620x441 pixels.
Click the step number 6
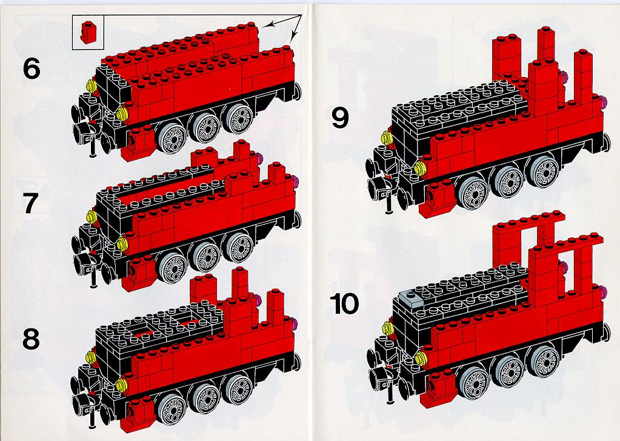point(32,69)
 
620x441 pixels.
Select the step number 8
point(32,339)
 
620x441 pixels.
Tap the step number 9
point(340,118)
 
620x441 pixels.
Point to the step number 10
point(344,303)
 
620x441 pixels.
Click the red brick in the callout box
point(87,32)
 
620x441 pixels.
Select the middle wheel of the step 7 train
point(205,256)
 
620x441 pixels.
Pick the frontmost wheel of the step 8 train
point(171,409)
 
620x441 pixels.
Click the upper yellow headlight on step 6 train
point(92,86)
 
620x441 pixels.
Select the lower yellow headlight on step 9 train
point(420,169)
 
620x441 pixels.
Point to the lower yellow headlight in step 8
point(122,385)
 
